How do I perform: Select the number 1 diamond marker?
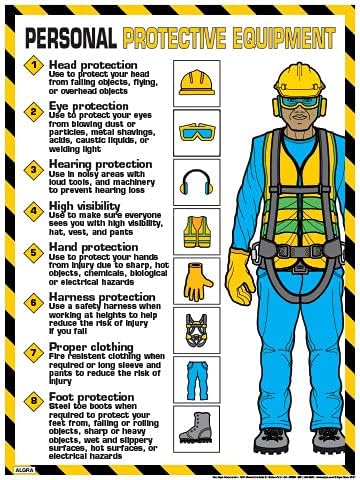coord(31,67)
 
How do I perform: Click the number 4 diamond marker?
coord(31,209)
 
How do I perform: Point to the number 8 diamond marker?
coord(31,402)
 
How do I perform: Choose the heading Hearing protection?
coord(101,163)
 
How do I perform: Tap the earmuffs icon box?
coord(196,181)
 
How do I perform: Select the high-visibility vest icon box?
coord(196,231)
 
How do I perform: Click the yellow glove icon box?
coord(196,279)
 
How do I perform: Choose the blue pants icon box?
coord(196,377)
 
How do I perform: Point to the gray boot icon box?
coord(196,427)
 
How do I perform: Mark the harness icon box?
coord(196,328)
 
